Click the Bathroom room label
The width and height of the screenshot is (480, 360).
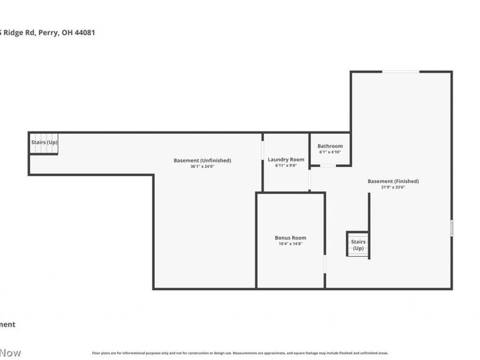330,146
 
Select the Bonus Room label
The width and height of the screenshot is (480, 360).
290,238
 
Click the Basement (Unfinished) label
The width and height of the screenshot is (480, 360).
202,160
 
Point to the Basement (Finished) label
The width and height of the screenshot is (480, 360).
393,181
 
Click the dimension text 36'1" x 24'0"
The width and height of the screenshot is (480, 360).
202,166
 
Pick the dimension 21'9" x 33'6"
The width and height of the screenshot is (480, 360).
393,187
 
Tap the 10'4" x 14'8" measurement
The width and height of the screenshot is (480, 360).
290,244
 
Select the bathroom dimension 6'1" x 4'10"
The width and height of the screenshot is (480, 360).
330,152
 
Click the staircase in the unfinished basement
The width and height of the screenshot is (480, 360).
44,143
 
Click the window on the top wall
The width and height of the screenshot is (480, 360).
401,72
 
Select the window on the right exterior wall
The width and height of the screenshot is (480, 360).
451,228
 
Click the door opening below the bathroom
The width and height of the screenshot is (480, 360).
328,166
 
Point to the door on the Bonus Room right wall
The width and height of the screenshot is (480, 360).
325,264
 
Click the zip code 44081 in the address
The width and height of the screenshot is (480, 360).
83,33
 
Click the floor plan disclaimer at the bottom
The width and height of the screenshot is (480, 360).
240,353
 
